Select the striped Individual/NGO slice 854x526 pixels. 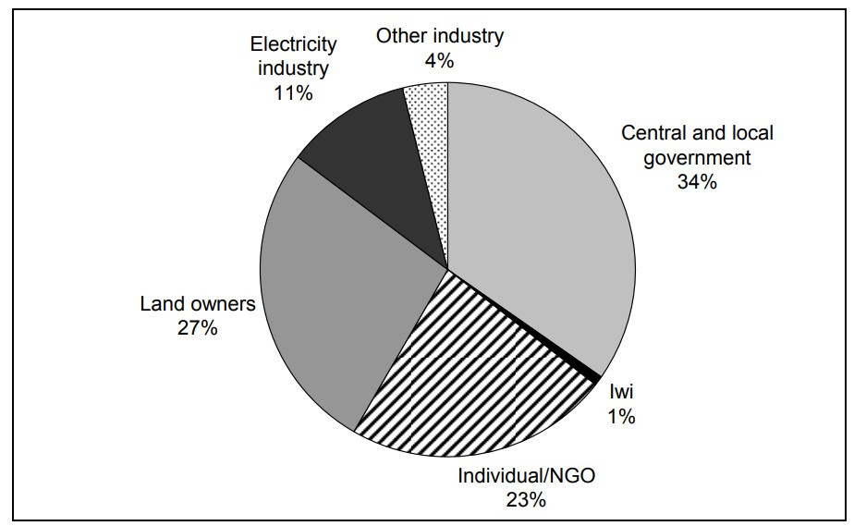tap(481, 379)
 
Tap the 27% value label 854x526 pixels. tap(198, 327)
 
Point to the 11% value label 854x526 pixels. tap(293, 92)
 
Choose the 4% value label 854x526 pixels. tap(439, 61)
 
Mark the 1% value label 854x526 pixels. tap(620, 416)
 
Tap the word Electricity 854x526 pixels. tap(293, 43)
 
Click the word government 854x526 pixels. tap(697, 157)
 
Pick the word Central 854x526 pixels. tap(653, 132)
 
